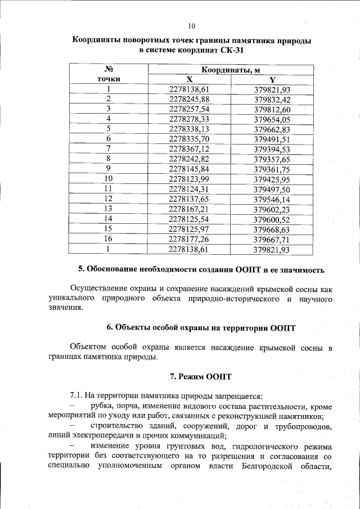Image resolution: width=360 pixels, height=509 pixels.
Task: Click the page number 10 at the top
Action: coord(191,26)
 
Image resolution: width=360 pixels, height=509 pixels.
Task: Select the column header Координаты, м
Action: coord(230,69)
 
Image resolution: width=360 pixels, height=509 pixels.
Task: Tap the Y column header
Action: coord(272,80)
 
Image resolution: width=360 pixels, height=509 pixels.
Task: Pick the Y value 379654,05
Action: coord(272,119)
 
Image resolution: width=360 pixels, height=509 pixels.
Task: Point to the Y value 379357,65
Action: coord(272,159)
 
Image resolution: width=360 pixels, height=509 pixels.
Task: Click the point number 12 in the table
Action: coord(109,199)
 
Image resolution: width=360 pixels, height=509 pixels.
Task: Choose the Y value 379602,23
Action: coord(272,209)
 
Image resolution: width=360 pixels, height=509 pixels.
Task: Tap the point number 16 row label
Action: coord(109,238)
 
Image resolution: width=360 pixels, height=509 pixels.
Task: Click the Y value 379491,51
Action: coord(272,139)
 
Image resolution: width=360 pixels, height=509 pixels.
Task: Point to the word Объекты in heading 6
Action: coord(132,327)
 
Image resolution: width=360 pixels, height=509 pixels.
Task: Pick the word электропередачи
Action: coord(105,436)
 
